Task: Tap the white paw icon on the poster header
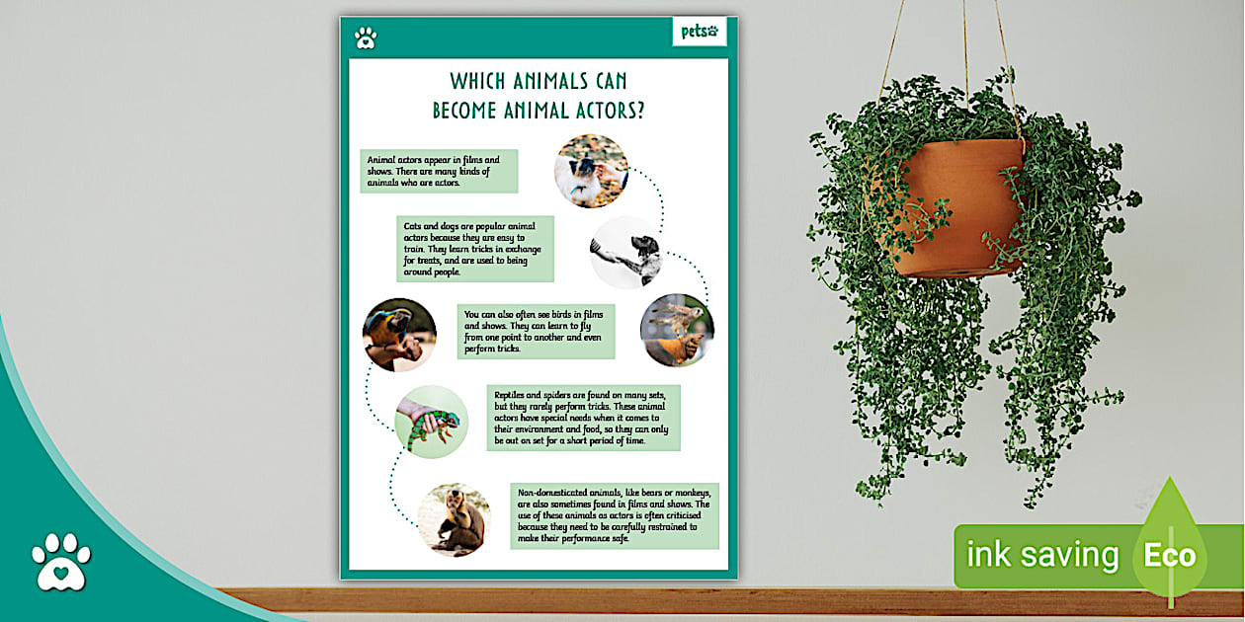coord(366,39)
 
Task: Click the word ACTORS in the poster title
coord(602,111)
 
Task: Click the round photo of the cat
coord(591,171)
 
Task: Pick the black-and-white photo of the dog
coord(625,252)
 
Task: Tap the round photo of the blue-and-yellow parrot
coord(399,335)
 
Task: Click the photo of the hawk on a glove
coord(677,330)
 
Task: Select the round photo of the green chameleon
coord(432,422)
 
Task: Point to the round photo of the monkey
coord(454,519)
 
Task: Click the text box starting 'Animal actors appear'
coord(439,171)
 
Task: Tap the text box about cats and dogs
coord(474,249)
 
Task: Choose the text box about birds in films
coord(536,332)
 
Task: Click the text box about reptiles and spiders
coord(583,418)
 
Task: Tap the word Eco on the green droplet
coord(1170,556)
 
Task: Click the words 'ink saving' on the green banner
coord(1041,556)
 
